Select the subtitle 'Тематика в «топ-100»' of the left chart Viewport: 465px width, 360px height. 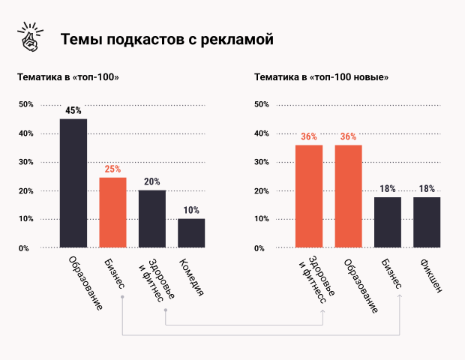pyautogui.click(x=68, y=77)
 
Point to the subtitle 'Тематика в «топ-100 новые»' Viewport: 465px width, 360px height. pyautogui.click(x=320, y=77)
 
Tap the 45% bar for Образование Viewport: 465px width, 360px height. pyautogui.click(x=73, y=183)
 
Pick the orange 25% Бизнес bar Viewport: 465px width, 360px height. pyautogui.click(x=112, y=212)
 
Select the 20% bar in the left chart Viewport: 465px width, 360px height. pyautogui.click(x=152, y=219)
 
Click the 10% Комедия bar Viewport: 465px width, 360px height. pyautogui.click(x=191, y=232)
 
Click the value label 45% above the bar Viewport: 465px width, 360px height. pyautogui.click(x=73, y=111)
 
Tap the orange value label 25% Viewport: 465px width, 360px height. pyautogui.click(x=112, y=169)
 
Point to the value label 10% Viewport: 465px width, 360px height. pyautogui.click(x=191, y=210)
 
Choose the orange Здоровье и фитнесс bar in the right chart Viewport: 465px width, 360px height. pyautogui.click(x=308, y=196)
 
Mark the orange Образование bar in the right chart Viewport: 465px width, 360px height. pyautogui.click(x=348, y=196)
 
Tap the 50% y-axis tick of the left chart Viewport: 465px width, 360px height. pyautogui.click(x=26, y=104)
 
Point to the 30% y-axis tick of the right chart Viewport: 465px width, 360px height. pyautogui.click(x=262, y=162)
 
